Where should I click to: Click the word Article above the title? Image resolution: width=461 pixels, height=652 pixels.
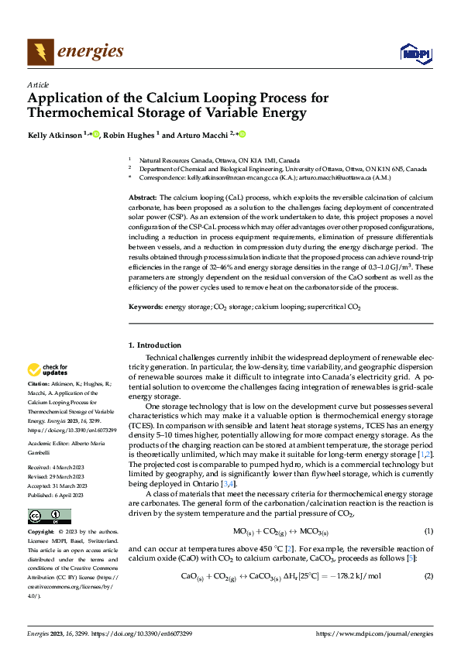click(38, 84)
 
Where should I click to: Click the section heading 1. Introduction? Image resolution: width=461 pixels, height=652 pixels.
click(153, 345)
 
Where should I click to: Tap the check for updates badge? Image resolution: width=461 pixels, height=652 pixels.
click(50, 369)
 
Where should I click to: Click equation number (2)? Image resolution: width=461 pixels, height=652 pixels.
click(428, 576)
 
